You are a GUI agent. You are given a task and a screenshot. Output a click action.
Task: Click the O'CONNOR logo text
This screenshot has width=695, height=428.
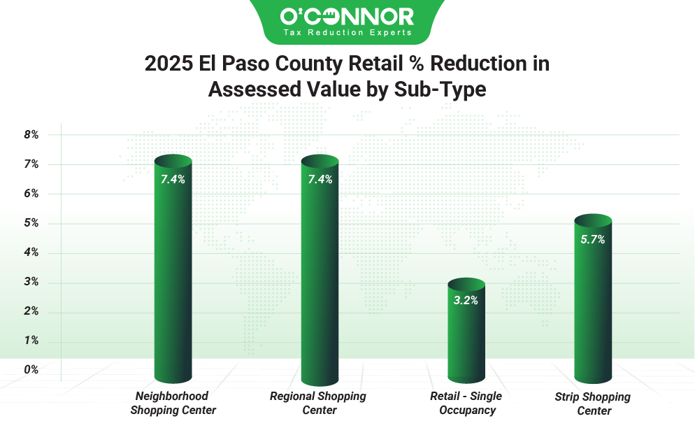[x=347, y=16]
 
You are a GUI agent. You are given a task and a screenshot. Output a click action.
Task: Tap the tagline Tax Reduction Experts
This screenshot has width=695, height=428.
[x=347, y=33]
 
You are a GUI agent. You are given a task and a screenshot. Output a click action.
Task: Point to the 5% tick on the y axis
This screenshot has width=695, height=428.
[x=31, y=223]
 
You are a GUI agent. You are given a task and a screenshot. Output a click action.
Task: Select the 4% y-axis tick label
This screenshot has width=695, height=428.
[x=31, y=252]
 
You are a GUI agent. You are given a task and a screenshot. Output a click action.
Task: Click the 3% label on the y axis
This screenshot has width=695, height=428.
[x=31, y=282]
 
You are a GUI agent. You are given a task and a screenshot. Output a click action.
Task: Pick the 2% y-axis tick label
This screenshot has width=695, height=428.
[x=31, y=311]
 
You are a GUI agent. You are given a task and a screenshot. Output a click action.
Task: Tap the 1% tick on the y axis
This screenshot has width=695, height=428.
[x=31, y=341]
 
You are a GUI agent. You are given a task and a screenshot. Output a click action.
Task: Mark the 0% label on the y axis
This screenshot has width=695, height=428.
[x=31, y=369]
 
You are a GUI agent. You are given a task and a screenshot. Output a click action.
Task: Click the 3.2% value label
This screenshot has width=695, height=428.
[x=466, y=301]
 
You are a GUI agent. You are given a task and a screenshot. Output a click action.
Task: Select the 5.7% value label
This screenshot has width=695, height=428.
[x=592, y=239]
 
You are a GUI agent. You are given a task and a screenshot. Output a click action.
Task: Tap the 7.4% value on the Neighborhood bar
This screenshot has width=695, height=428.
[x=173, y=179]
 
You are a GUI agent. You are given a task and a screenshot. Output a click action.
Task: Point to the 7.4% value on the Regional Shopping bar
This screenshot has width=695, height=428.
[x=320, y=179]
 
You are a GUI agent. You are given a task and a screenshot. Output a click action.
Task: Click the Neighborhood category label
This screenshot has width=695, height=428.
[x=172, y=397]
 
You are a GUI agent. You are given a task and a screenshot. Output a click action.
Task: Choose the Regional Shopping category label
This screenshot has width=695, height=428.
[x=318, y=397]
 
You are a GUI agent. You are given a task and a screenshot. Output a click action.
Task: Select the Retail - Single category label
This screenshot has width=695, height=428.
[x=466, y=397]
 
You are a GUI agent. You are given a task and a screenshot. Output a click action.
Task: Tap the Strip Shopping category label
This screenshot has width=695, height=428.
[x=592, y=397]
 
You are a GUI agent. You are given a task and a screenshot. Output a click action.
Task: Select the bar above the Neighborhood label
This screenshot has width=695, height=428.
[x=173, y=280]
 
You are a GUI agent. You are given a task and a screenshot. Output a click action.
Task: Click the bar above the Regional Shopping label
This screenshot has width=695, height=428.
[x=320, y=280]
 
